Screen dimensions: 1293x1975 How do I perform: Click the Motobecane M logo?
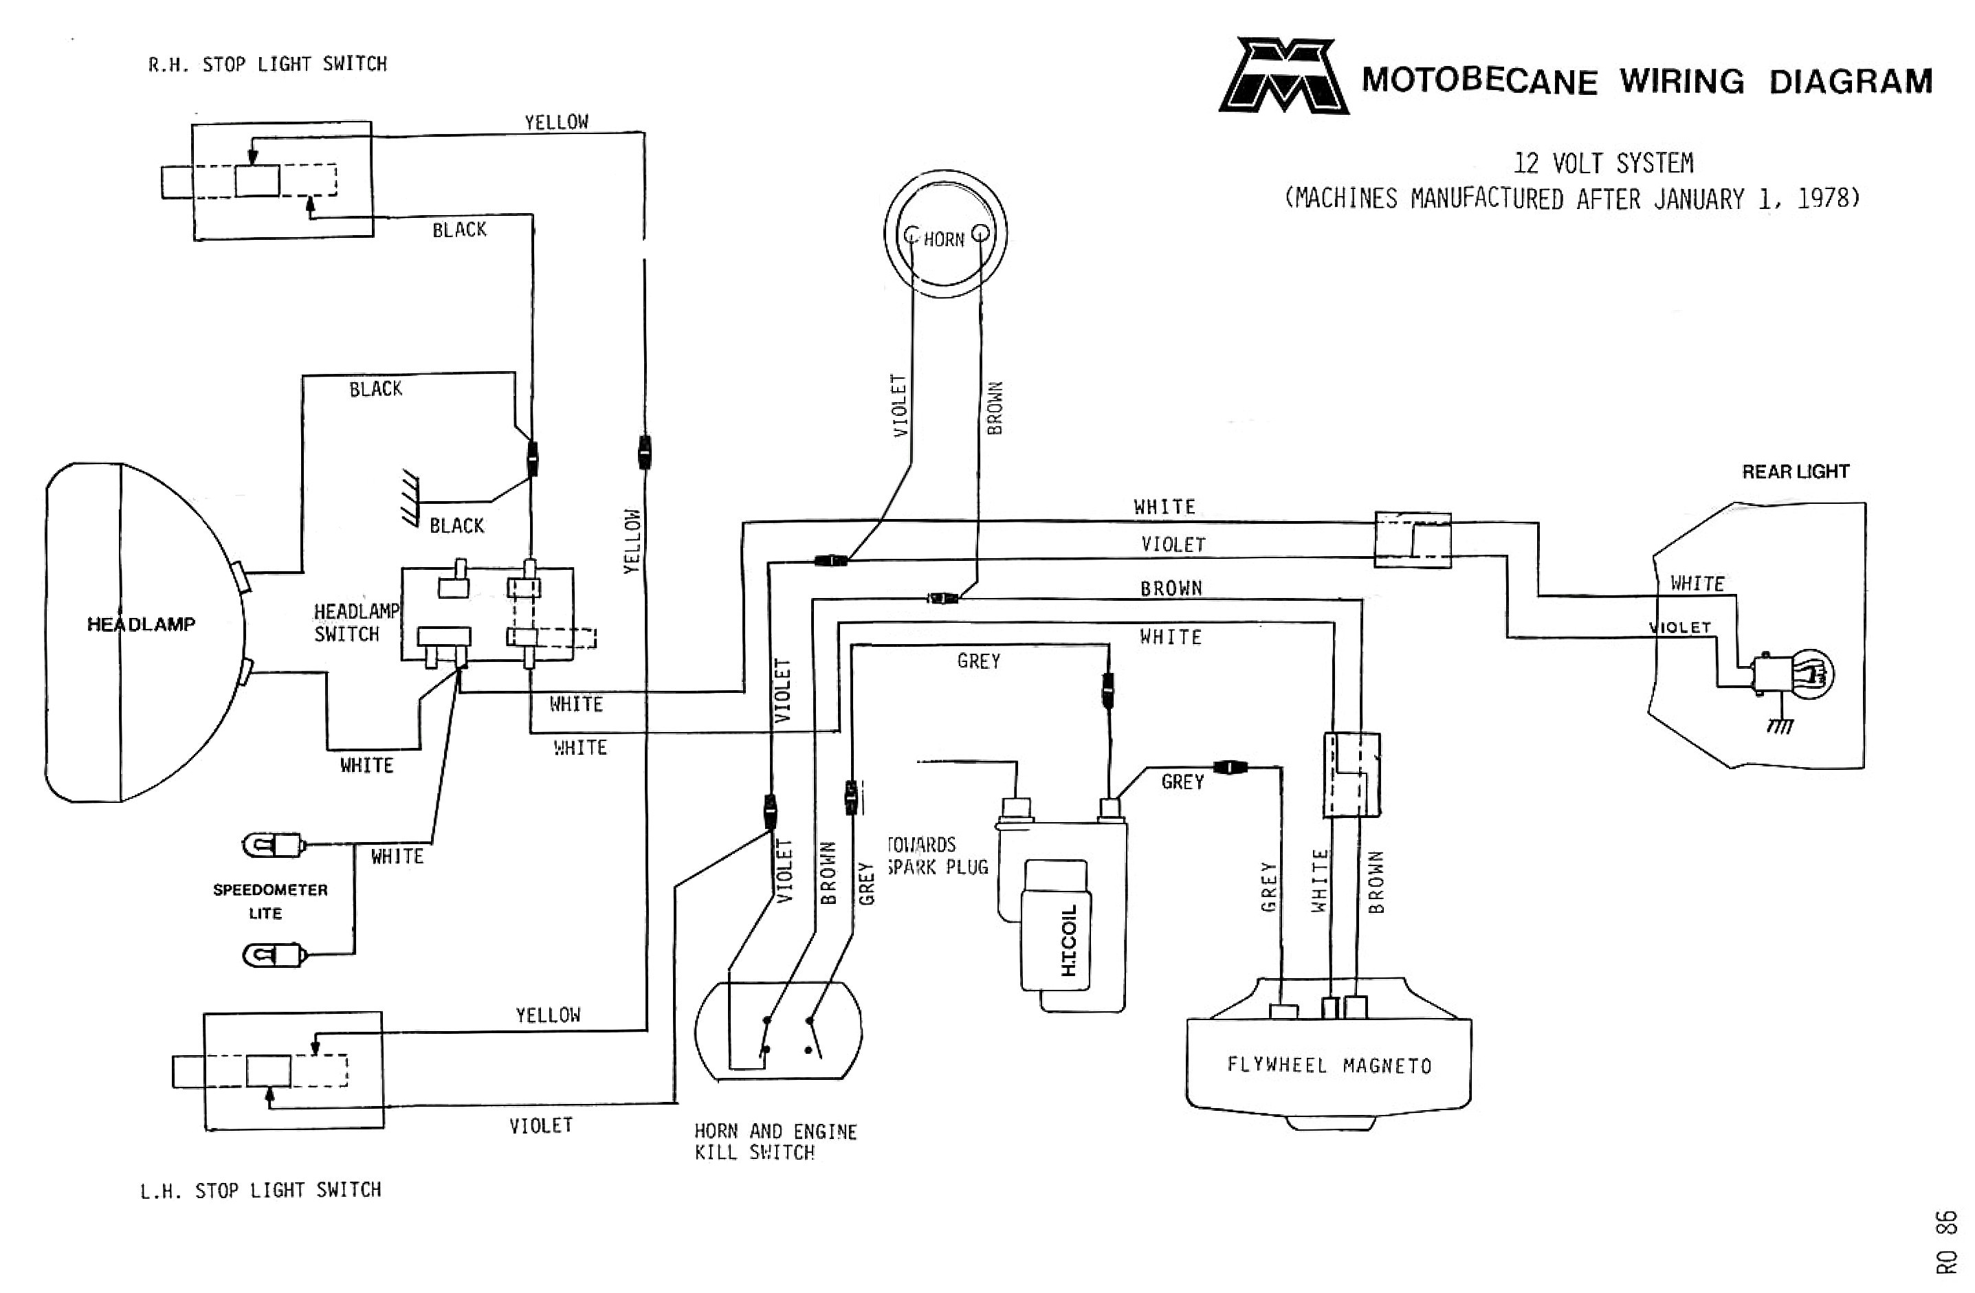[x=1283, y=76]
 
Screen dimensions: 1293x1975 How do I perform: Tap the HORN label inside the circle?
[x=944, y=240]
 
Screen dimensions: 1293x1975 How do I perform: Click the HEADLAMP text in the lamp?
[x=141, y=624]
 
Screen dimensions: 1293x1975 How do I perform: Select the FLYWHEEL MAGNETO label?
[x=1329, y=1065]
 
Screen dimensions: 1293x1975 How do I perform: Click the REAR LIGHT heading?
[x=1795, y=472]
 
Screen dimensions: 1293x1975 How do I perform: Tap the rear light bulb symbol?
[x=1813, y=673]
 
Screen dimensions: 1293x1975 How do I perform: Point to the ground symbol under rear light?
[x=1780, y=725]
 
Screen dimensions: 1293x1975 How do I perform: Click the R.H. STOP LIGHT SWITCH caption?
[x=267, y=65]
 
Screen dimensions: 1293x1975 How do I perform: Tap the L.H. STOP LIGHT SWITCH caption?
[x=261, y=1190]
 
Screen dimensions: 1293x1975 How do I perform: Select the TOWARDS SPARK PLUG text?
[x=938, y=856]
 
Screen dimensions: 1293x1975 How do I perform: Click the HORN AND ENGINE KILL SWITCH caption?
[x=775, y=1141]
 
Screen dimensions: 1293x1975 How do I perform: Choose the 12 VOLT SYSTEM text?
[x=1603, y=163]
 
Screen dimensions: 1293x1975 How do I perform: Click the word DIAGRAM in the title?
[x=1851, y=81]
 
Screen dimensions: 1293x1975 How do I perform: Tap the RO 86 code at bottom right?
[x=1946, y=1241]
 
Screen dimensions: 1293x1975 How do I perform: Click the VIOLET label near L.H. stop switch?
[x=541, y=1125]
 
